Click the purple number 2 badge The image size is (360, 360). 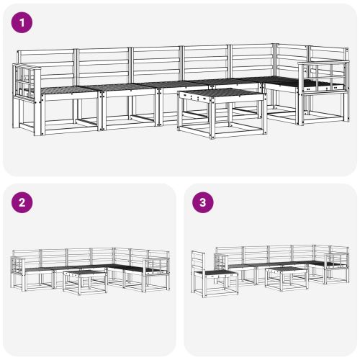[x=23, y=202]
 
